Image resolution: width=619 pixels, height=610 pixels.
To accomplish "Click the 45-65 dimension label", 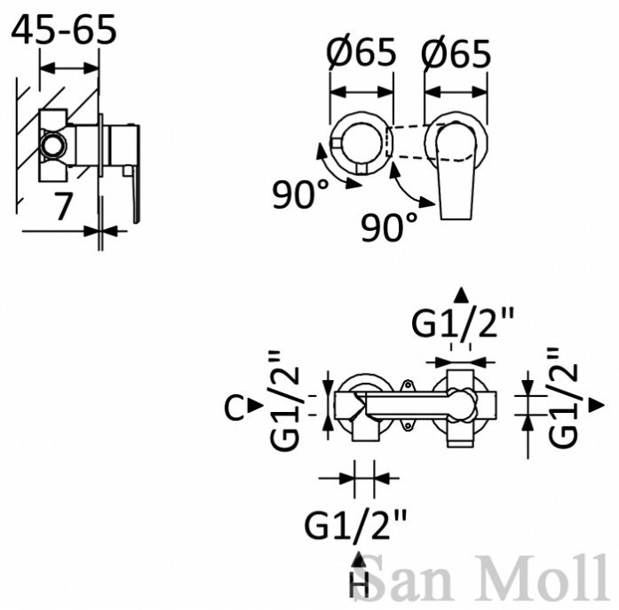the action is (64, 29).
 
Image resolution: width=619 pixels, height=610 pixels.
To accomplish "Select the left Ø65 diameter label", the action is (361, 51).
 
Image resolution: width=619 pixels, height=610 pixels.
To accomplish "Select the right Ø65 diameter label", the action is (456, 52).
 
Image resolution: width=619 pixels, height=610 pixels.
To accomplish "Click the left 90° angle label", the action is (301, 194).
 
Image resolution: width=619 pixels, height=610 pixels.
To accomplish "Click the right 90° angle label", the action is (390, 226).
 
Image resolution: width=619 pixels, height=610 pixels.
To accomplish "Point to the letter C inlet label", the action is (234, 408).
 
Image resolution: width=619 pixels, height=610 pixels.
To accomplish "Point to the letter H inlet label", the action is (359, 585).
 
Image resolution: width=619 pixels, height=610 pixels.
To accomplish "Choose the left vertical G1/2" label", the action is (285, 400).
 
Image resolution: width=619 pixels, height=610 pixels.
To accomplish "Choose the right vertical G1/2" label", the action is (564, 397).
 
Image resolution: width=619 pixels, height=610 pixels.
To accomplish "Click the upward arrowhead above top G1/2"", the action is (461, 295).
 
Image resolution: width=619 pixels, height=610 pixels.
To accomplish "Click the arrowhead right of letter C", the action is (256, 405).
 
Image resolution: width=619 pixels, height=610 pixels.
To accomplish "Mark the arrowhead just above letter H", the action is (359, 559).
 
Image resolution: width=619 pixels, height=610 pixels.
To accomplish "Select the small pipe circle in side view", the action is (52, 146).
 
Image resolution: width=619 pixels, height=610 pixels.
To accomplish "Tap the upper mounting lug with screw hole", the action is (407, 384).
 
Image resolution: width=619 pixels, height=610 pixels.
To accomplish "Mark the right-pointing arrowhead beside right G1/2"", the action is (597, 405).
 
